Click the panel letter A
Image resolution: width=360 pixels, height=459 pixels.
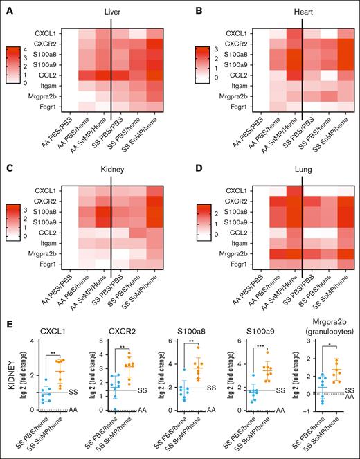(x=6, y=8)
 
